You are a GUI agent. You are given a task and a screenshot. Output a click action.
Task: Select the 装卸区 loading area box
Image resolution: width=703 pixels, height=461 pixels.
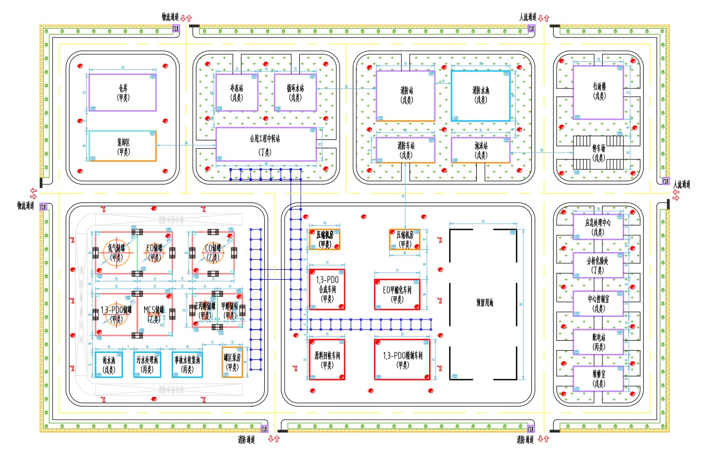point(122,146)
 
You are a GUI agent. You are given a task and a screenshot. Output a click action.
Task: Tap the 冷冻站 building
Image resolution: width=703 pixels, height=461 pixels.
point(237,92)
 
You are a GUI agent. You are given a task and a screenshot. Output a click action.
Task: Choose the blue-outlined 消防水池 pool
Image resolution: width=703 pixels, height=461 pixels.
point(480,95)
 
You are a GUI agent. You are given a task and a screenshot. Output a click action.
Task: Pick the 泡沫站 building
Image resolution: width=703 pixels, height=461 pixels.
point(480,150)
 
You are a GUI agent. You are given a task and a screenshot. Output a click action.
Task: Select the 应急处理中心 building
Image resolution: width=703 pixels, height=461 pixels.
point(599,226)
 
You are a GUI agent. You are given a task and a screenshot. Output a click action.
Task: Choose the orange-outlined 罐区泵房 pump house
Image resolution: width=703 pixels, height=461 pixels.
point(232,362)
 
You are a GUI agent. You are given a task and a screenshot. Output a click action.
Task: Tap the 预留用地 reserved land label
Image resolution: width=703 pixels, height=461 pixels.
point(484,303)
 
